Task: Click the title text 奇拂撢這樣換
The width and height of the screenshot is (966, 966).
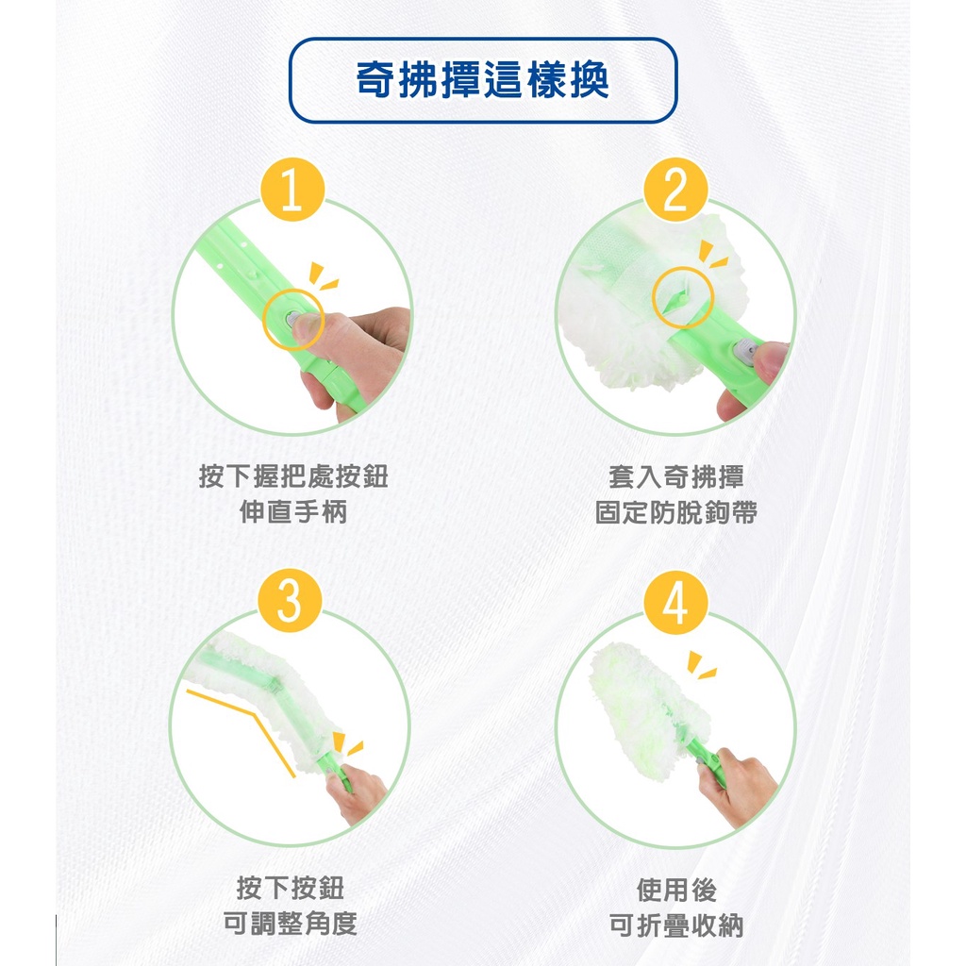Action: click(483, 80)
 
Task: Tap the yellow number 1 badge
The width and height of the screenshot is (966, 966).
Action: click(292, 190)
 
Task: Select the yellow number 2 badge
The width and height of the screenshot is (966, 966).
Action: click(675, 190)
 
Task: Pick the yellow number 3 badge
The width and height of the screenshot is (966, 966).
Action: click(291, 601)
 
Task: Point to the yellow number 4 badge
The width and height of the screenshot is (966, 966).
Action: click(675, 603)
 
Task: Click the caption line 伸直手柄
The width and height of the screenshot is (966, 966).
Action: click(292, 512)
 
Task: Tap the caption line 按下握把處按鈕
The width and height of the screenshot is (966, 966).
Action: click(293, 476)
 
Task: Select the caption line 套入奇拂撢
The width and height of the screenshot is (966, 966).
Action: click(675, 476)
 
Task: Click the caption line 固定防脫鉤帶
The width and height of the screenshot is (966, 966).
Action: click(675, 512)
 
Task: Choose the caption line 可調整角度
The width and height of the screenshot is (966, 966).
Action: click(291, 923)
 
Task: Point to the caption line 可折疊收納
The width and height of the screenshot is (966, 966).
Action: click(675, 924)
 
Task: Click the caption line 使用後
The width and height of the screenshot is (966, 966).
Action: click(675, 890)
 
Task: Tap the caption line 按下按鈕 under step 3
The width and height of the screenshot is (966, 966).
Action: click(291, 888)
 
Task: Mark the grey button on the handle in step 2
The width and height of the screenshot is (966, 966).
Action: click(746, 351)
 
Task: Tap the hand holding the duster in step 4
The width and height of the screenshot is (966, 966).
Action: click(738, 787)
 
